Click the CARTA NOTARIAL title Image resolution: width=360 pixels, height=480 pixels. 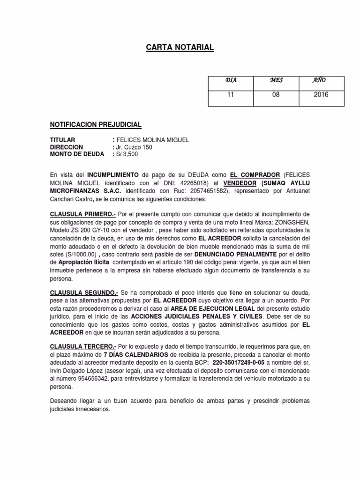[x=180, y=47]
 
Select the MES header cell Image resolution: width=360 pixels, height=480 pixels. [x=277, y=80]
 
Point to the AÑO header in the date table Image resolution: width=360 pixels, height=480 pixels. [x=320, y=80]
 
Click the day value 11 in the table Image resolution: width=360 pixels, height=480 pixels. [x=230, y=95]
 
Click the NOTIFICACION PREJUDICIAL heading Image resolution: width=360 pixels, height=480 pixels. [x=96, y=125]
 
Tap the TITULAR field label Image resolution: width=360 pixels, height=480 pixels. [x=62, y=140]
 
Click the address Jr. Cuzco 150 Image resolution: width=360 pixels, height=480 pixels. [x=135, y=147]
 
